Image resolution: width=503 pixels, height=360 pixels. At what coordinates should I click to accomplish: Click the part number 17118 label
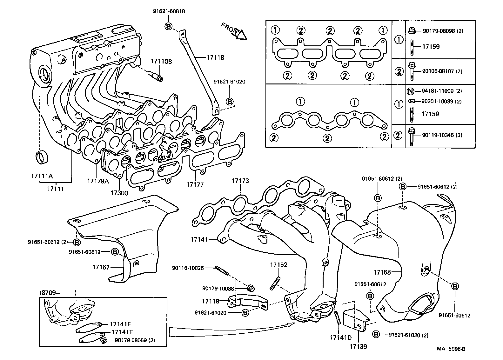215,57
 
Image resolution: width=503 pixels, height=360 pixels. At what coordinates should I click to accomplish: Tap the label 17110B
161,62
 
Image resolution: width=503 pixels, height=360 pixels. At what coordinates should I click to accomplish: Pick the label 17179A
98,181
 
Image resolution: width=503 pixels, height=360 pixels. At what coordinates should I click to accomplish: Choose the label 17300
119,193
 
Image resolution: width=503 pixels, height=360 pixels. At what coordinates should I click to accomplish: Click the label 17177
195,184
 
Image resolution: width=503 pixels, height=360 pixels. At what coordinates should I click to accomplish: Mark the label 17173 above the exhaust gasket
240,181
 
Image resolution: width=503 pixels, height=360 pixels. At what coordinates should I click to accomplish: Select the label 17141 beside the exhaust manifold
199,239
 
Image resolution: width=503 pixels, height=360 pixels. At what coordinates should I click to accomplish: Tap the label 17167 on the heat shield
101,267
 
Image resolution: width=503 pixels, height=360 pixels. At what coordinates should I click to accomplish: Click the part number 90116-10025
188,268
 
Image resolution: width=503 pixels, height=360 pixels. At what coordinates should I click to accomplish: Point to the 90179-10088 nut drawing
251,288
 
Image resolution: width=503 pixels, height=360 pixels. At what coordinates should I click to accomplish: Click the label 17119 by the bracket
211,300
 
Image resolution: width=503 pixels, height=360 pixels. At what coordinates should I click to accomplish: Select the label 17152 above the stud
278,265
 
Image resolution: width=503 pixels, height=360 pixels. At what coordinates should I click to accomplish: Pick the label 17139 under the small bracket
358,346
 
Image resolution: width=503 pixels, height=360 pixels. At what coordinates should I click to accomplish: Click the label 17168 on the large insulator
382,272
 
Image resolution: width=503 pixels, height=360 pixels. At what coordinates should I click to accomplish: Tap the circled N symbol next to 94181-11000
410,91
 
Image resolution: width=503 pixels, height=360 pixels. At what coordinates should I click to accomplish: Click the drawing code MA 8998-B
451,349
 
